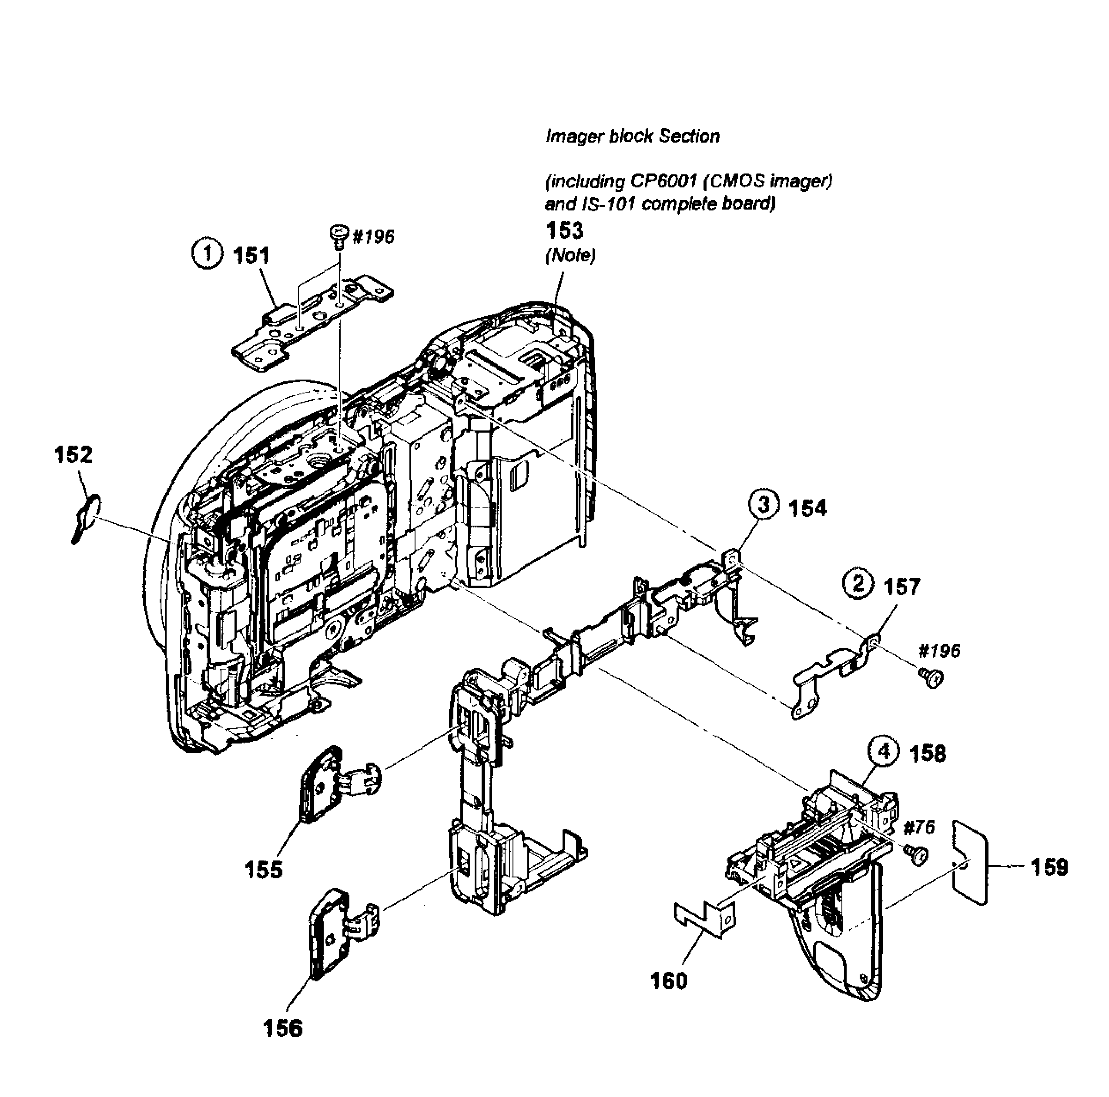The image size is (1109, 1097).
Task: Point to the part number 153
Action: pos(564,230)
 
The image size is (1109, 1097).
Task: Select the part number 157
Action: pos(901,587)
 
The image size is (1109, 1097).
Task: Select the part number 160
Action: pos(669,980)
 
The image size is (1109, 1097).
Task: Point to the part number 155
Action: pos(264,870)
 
